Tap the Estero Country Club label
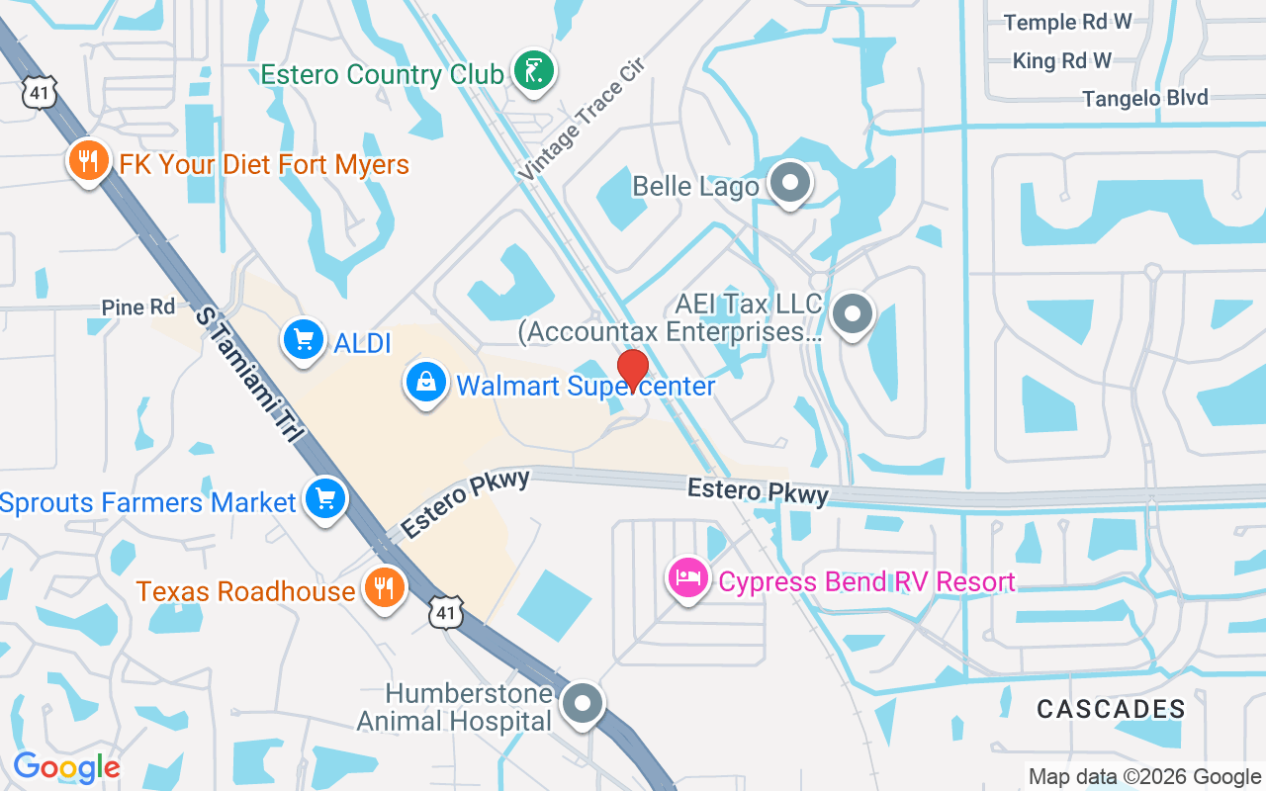click(x=379, y=75)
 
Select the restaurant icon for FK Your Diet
click(x=89, y=160)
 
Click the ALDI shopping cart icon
click(x=303, y=341)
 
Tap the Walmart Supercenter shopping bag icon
click(x=426, y=383)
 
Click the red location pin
click(x=632, y=371)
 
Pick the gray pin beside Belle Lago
click(x=790, y=183)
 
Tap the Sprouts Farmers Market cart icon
click(x=324, y=499)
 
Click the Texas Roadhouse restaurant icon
click(x=382, y=588)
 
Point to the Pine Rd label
click(x=138, y=308)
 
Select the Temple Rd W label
click(x=1067, y=22)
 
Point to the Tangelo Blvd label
click(x=1144, y=98)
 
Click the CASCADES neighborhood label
click(x=1111, y=708)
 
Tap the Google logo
click(x=66, y=767)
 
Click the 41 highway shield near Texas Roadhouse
click(x=446, y=613)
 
